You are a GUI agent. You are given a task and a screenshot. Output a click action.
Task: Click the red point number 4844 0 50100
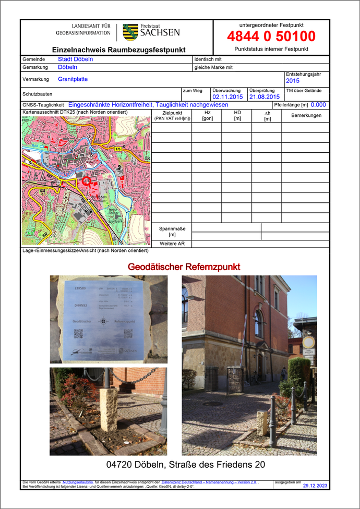(x=271, y=37)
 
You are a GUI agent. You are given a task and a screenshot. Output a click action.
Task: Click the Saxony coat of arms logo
(x=130, y=32)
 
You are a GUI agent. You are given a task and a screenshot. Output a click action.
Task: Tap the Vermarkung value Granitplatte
(x=73, y=79)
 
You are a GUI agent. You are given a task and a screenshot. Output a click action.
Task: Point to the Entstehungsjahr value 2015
(x=293, y=81)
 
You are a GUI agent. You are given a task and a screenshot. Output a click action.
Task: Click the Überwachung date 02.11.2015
(x=227, y=96)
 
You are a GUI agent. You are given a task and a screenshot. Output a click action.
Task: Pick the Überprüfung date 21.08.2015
(x=265, y=96)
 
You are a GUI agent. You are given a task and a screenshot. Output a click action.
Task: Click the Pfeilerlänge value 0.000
(x=318, y=104)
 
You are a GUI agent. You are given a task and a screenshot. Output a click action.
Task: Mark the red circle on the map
(x=87, y=181)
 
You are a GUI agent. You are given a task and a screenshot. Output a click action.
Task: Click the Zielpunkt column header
(x=172, y=116)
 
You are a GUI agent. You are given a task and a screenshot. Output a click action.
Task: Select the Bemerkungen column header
(x=306, y=115)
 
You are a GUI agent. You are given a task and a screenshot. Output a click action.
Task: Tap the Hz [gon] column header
(x=207, y=116)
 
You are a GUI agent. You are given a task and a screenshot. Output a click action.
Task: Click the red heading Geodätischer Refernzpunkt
(x=184, y=267)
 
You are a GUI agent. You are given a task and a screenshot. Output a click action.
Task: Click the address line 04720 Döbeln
(x=185, y=464)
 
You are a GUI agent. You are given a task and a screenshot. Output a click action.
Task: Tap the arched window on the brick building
(x=259, y=323)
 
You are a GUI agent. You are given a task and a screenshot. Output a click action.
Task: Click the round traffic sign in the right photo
(x=309, y=342)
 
